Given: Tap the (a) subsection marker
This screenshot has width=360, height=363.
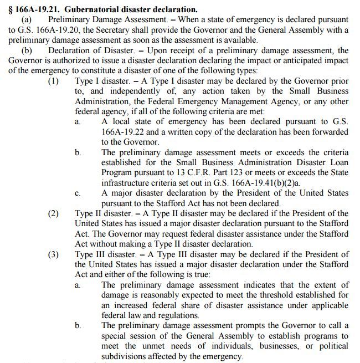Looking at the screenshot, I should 28,19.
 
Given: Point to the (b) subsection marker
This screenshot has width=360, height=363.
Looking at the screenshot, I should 28,51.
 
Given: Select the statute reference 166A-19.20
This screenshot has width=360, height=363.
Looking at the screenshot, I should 49,30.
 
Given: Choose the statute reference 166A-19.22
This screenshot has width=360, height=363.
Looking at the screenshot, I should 126,132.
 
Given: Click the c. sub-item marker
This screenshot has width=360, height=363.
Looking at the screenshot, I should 79,193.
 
